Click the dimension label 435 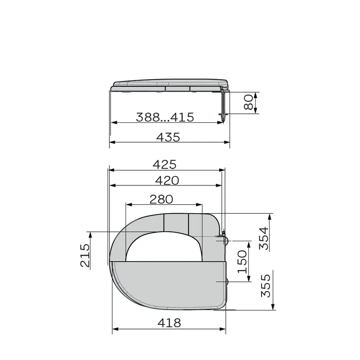[168, 137]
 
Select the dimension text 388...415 [165, 117]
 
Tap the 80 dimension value [248, 103]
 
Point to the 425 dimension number [164, 165]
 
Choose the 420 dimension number [167, 180]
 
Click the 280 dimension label [161, 199]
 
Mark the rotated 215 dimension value [85, 255]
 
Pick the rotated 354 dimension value [264, 238]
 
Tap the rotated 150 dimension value [242, 262]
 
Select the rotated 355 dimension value [266, 286]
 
